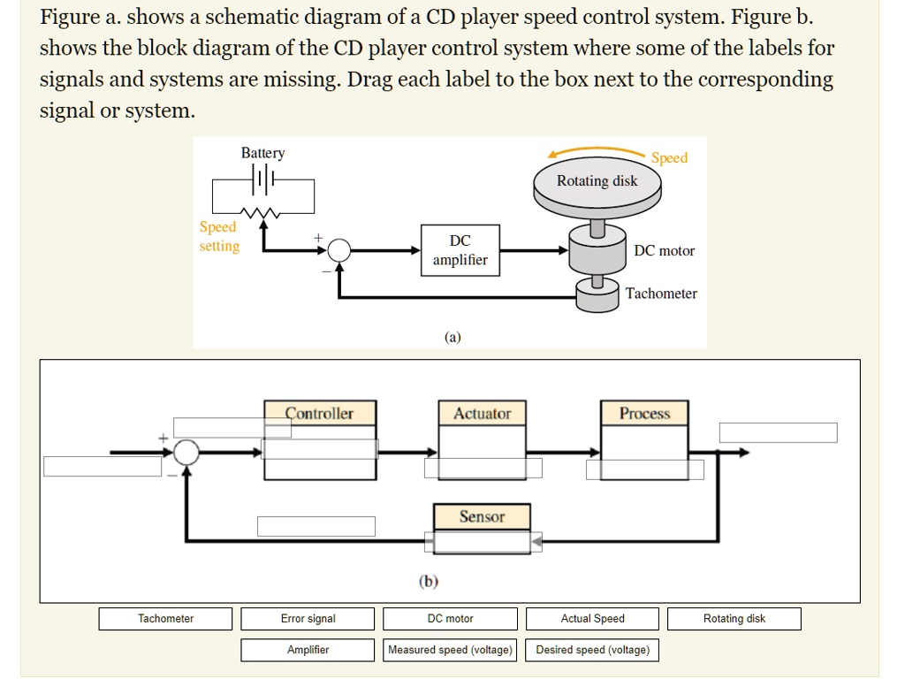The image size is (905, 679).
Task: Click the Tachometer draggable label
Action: pyautogui.click(x=165, y=619)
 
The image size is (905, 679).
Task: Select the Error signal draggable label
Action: pyautogui.click(x=308, y=619)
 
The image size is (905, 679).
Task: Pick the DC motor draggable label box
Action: pyautogui.click(x=450, y=619)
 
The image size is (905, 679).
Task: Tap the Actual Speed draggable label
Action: pyautogui.click(x=592, y=619)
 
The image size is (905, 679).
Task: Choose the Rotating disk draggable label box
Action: pyautogui.click(x=734, y=619)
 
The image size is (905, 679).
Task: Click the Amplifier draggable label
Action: pyautogui.click(x=308, y=650)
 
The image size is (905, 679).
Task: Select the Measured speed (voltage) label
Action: pyautogui.click(x=450, y=650)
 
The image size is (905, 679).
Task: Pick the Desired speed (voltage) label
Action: pyautogui.click(x=592, y=650)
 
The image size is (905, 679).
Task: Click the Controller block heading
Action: pyautogui.click(x=319, y=414)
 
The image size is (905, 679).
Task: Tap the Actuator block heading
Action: pyautogui.click(x=482, y=414)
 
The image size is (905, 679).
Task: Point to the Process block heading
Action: pyautogui.click(x=644, y=414)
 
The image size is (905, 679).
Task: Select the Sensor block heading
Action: pyautogui.click(x=482, y=516)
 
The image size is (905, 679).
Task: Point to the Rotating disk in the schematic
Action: pyautogui.click(x=597, y=182)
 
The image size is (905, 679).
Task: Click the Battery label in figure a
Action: pyautogui.click(x=262, y=153)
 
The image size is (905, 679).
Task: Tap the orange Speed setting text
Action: pyautogui.click(x=218, y=237)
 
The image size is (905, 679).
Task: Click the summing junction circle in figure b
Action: pyautogui.click(x=186, y=453)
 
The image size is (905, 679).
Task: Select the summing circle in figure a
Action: pyautogui.click(x=339, y=251)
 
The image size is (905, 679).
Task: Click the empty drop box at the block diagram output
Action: pyautogui.click(x=778, y=432)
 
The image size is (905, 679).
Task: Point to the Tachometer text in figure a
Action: pyautogui.click(x=661, y=294)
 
